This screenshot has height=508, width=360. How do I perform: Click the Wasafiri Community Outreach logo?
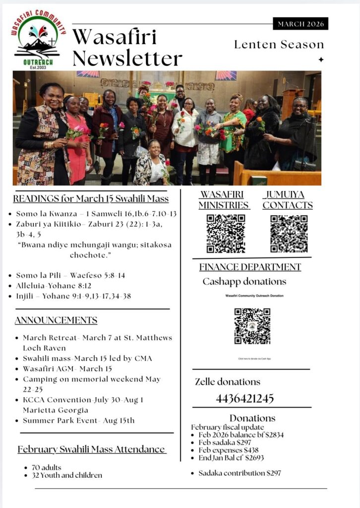[38, 40]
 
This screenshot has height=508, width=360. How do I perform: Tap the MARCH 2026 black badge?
[300, 23]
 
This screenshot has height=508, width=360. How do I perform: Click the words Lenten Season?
[279, 44]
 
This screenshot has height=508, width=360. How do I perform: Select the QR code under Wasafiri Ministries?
[226, 234]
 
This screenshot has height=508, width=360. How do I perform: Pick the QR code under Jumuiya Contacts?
[289, 234]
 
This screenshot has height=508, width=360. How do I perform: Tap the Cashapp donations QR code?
[252, 326]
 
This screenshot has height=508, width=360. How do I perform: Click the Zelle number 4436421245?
[244, 398]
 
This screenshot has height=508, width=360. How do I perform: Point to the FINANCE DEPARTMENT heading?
[250, 267]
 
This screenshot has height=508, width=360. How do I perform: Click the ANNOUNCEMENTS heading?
[56, 320]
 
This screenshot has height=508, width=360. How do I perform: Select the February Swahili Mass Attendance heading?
[91, 449]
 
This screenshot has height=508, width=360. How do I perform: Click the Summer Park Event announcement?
[78, 421]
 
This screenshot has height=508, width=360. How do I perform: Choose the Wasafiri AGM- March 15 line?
[67, 369]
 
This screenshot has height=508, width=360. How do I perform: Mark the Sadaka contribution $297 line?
[240, 473]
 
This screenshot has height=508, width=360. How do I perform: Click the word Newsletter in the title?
[127, 58]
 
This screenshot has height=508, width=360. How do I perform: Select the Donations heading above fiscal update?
[252, 418]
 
